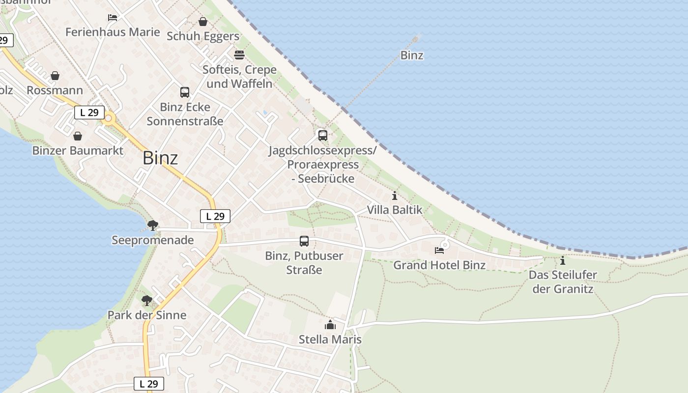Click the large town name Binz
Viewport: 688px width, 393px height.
coord(160,158)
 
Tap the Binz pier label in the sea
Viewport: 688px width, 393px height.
coord(412,56)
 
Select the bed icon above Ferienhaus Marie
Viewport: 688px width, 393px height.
coord(113,18)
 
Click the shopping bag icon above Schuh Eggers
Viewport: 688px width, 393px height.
coord(202,22)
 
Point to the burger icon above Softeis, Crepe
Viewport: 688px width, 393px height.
coord(239,55)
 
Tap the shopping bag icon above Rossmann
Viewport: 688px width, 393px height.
coord(55,76)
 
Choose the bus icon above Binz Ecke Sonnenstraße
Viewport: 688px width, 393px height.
coord(185,92)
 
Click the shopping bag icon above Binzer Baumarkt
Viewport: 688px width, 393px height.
coord(78,136)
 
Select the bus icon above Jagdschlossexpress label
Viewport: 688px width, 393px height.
coord(322,135)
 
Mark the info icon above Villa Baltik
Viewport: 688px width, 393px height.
coord(394,196)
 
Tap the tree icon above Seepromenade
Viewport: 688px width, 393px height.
coord(152,225)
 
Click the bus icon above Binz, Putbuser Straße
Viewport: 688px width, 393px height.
coord(304,241)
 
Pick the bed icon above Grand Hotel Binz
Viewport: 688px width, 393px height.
coord(439,251)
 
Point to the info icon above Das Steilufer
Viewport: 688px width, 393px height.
coord(563,260)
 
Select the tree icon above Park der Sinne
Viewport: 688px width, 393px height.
coord(146,300)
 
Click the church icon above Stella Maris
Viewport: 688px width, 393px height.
coord(330,325)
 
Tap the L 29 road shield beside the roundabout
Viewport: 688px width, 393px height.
coord(89,112)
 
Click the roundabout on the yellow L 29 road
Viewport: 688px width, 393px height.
coord(109,118)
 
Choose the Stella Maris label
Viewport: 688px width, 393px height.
coord(330,339)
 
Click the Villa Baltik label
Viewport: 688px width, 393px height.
coord(395,210)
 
